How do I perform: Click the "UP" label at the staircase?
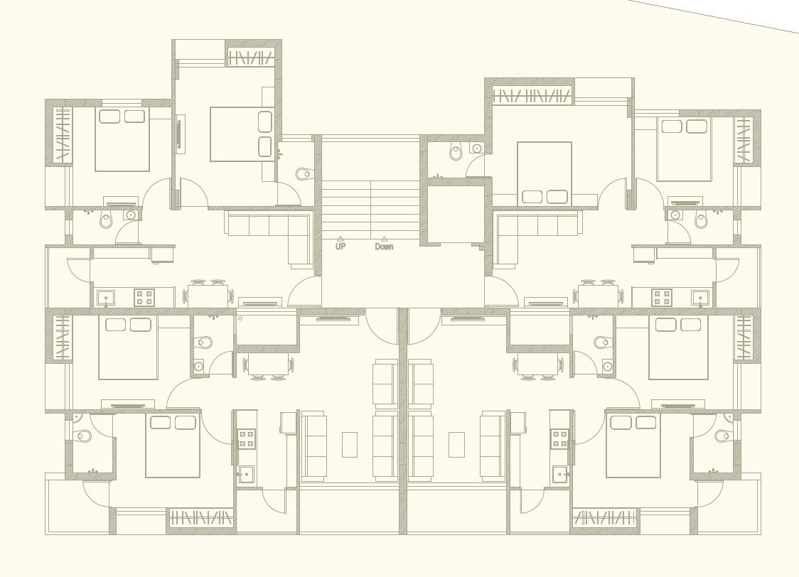click(340, 247)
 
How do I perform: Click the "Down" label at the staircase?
click(384, 247)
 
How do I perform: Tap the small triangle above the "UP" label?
click(340, 239)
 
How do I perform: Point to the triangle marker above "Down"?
click(384, 239)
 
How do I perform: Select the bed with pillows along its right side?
click(242, 134)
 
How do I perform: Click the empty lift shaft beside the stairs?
click(455, 213)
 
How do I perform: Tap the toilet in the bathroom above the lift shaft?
click(456, 151)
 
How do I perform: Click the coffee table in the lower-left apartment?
click(349, 444)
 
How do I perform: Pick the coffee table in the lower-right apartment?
click(456, 444)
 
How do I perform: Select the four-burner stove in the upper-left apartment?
click(144, 297)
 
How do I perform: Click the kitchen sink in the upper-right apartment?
click(699, 297)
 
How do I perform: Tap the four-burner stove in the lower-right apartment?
click(559, 438)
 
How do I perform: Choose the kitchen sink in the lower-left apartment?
click(246, 474)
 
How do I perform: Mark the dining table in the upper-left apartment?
click(208, 296)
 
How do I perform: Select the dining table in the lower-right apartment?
click(538, 365)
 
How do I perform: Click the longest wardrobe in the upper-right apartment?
click(532, 95)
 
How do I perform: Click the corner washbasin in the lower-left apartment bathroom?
click(77, 417)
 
